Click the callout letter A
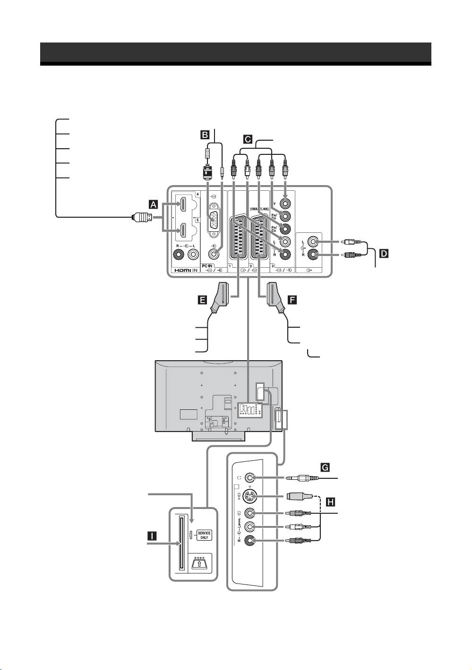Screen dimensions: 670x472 point(152,204)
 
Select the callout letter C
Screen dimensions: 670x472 point(247,139)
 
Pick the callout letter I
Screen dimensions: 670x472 point(152,535)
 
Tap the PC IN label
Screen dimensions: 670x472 point(208,266)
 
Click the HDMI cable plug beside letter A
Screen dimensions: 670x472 point(142,218)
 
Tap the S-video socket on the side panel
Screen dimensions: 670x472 point(252,496)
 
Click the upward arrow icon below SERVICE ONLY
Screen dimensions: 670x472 point(200,563)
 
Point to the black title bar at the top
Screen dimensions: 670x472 point(235,52)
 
